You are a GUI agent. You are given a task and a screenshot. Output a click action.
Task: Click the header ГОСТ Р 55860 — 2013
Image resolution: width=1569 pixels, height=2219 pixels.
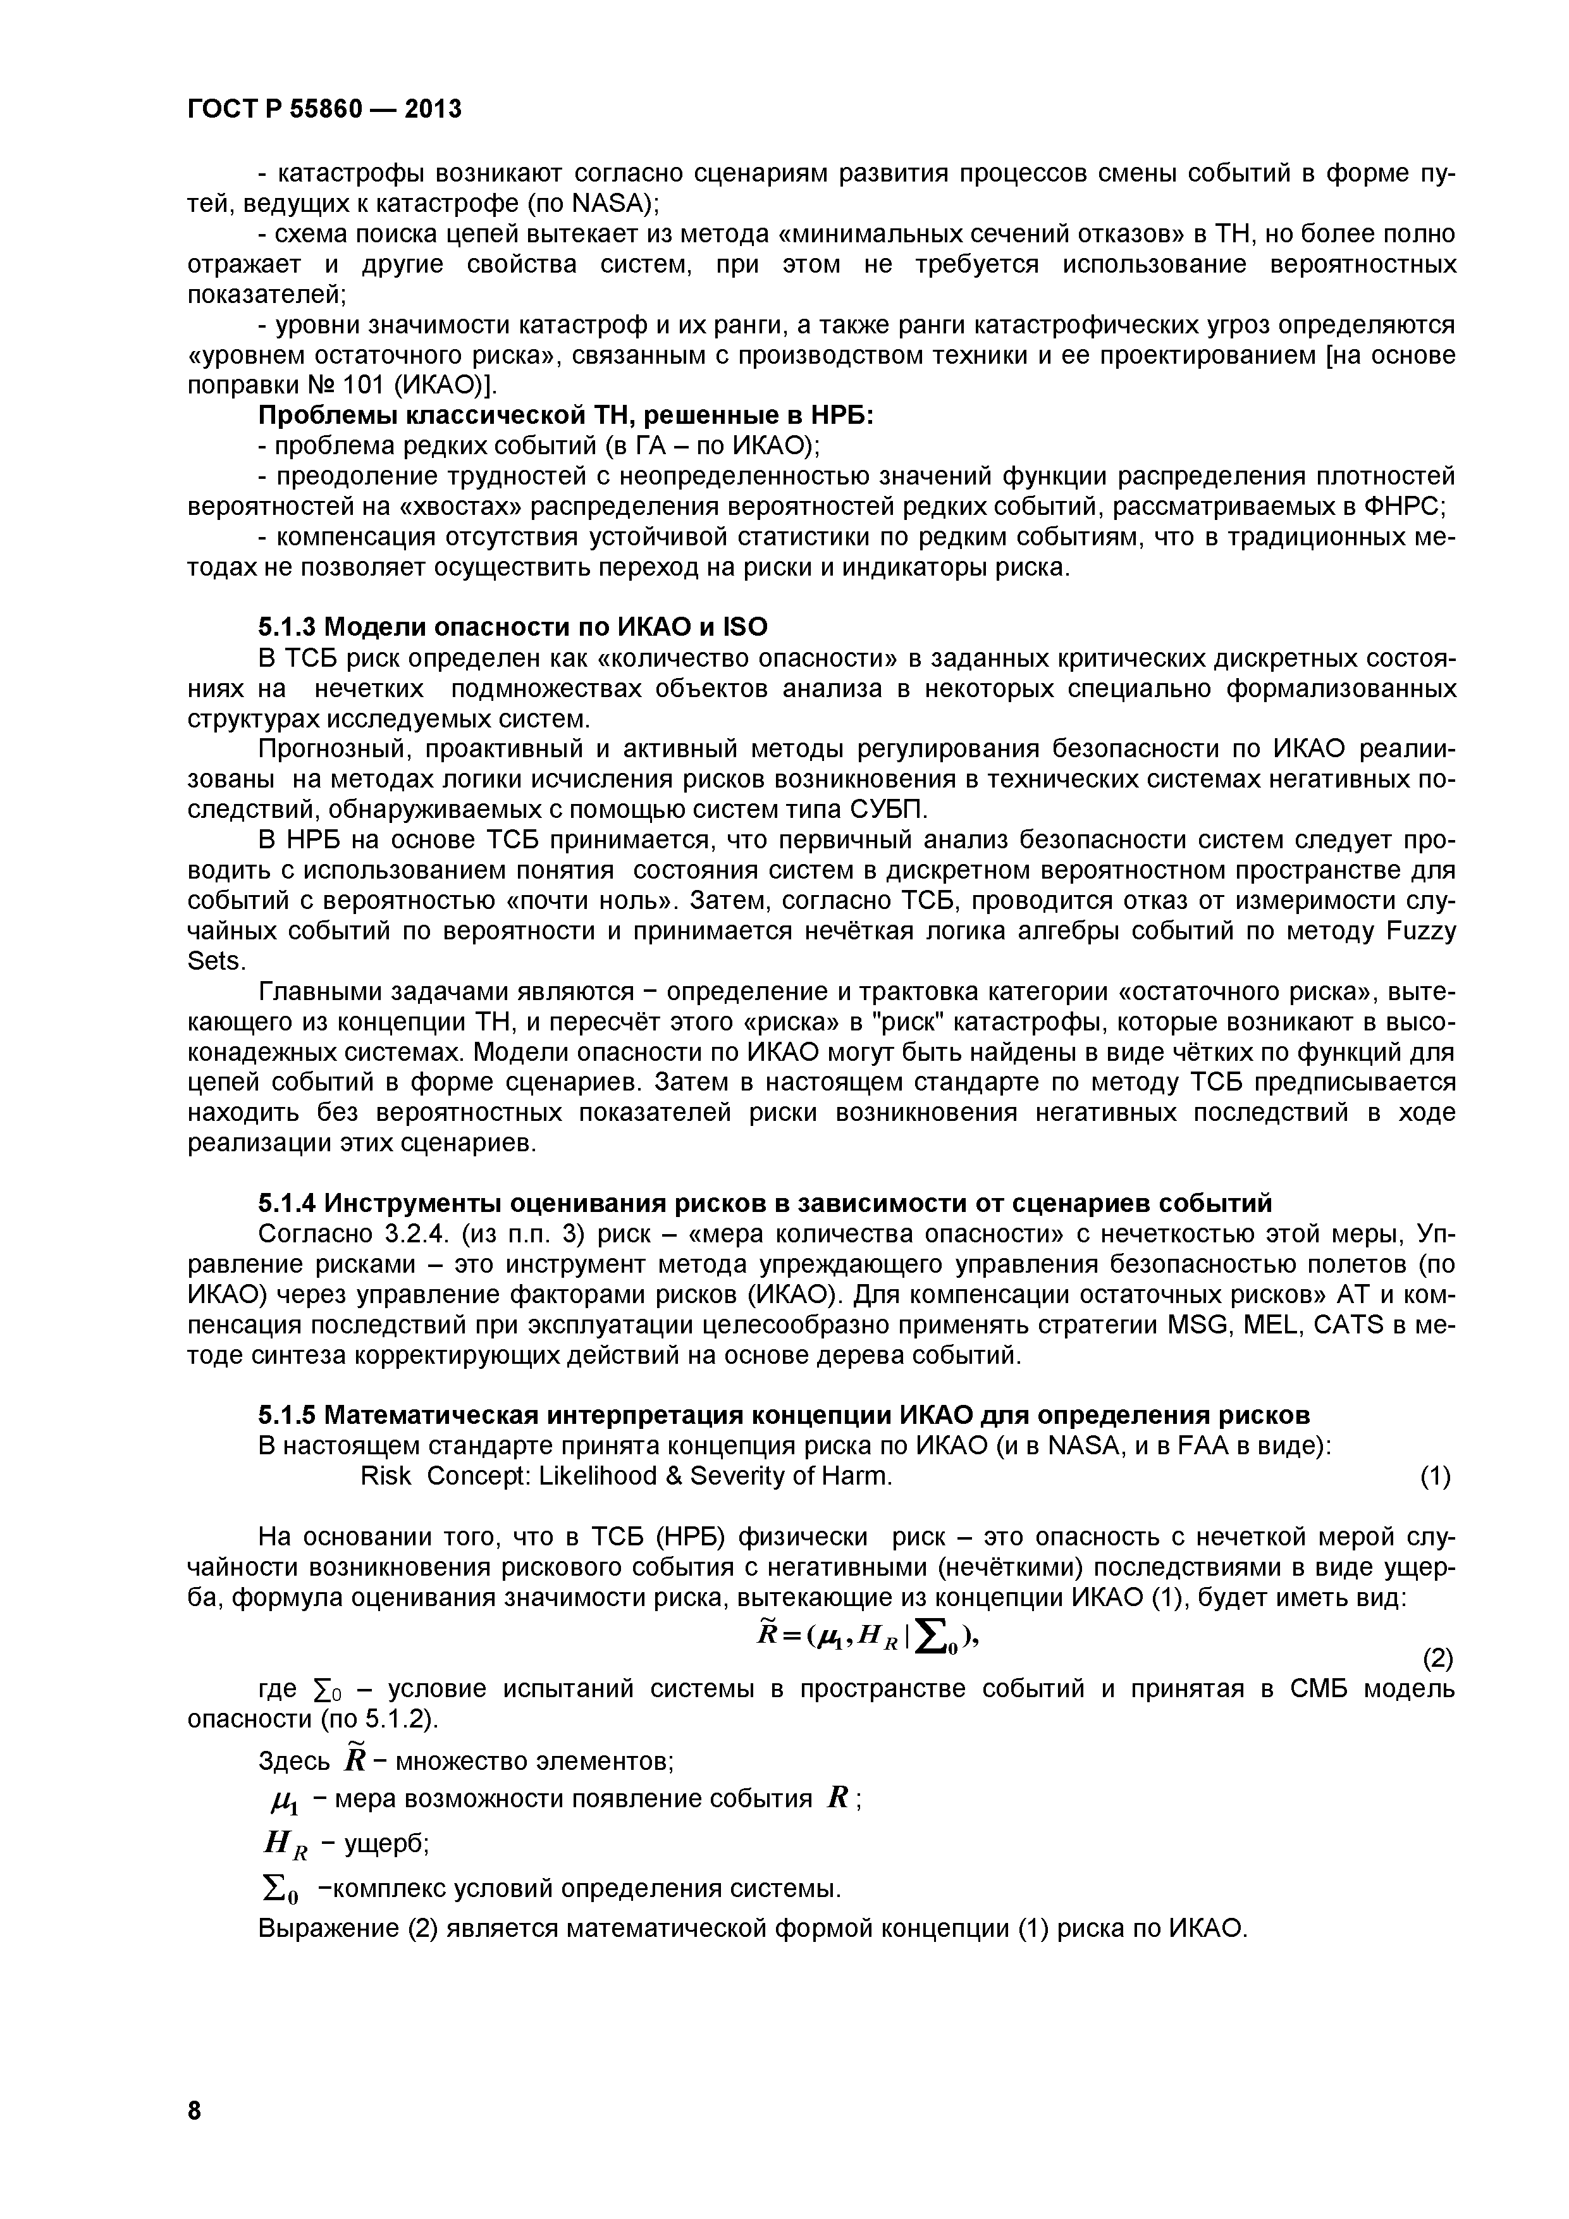[x=324, y=109]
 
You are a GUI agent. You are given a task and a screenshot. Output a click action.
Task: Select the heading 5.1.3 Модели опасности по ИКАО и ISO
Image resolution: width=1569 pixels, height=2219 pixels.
[x=512, y=627]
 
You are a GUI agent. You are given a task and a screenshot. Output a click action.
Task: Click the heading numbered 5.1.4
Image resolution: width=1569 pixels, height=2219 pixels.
[x=764, y=1203]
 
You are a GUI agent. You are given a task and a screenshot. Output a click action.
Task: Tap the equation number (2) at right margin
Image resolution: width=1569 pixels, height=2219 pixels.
[x=1437, y=1659]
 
